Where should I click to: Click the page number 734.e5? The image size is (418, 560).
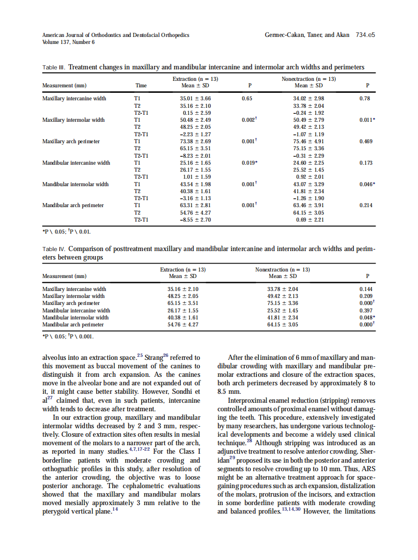coord(365,35)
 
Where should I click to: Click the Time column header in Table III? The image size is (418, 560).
coord(141,85)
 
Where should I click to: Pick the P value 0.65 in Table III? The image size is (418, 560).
coord(246,99)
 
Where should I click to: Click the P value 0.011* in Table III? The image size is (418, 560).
coord(367,120)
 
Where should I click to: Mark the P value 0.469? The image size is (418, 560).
coord(366,142)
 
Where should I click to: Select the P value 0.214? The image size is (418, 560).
coord(366,206)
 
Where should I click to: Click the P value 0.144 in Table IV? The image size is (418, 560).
coord(366,289)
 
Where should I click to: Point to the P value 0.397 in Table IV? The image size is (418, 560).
coord(366,310)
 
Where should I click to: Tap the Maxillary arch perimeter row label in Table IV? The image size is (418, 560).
coord(71,303)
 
